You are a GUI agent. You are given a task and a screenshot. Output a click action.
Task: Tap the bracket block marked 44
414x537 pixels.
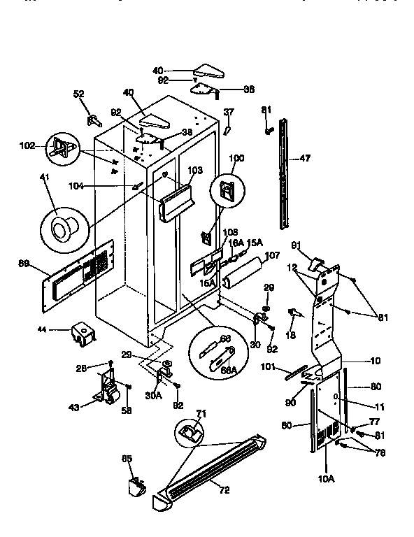(x=80, y=334)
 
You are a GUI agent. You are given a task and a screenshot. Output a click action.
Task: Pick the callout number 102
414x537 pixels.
(x=27, y=147)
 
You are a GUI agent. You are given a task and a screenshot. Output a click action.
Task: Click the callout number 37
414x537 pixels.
(x=229, y=112)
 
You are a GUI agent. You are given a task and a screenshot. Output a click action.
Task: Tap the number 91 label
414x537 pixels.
(x=296, y=245)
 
